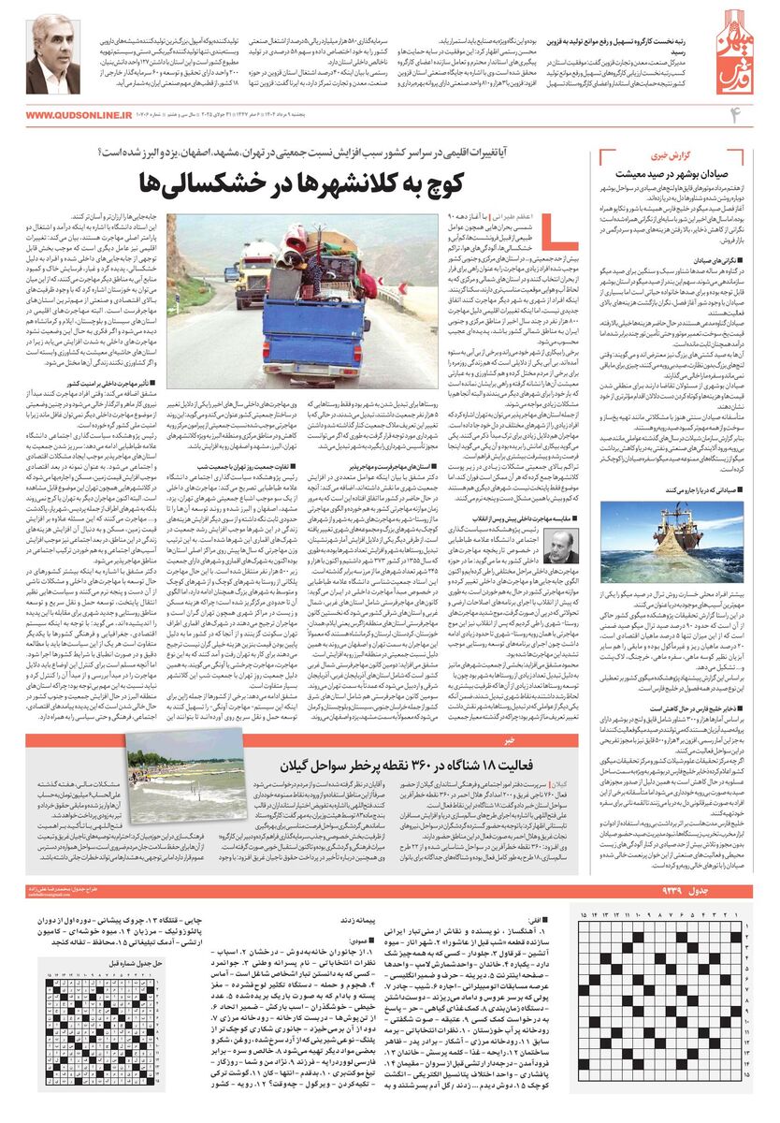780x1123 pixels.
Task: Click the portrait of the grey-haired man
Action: (x=51, y=55)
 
